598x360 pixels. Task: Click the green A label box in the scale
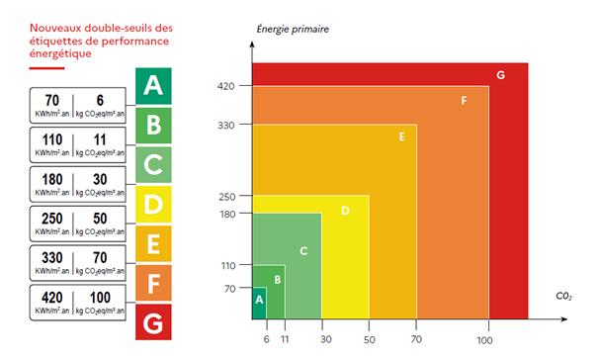[151, 86]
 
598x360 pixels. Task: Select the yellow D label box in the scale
[151, 205]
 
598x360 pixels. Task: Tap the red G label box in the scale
[151, 322]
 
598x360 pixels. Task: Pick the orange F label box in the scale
[151, 283]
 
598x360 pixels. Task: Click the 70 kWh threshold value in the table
[53, 100]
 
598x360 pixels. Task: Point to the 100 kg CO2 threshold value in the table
[101, 298]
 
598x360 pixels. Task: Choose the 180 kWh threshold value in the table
[53, 179]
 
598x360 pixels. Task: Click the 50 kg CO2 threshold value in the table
[101, 219]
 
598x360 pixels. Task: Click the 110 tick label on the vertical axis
[228, 266]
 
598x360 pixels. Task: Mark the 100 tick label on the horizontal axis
[484, 340]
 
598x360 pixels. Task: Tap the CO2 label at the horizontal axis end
[562, 295]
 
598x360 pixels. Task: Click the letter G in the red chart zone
[501, 75]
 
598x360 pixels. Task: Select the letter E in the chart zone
[402, 136]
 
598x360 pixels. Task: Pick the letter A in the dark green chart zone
[259, 297]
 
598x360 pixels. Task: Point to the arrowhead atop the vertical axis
[252, 41]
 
